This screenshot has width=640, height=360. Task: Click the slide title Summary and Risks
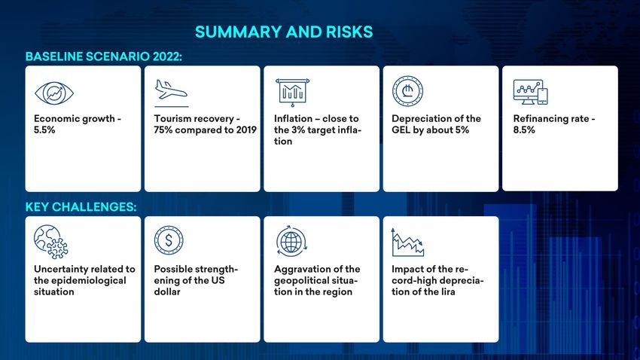coord(284,32)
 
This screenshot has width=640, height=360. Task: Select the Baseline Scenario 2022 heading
coord(104,56)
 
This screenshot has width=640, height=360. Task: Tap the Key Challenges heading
coord(81,207)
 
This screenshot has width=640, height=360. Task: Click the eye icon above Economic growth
coord(54,93)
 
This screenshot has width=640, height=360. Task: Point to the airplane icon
coord(171,90)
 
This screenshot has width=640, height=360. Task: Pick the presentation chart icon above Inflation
coord(293,92)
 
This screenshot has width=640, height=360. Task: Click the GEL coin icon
coord(407,91)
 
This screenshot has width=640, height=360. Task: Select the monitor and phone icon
coord(530,92)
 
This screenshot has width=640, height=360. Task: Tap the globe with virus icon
coord(51,242)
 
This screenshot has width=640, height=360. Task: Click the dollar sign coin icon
coord(169,240)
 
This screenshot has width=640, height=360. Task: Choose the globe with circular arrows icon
coord(291,241)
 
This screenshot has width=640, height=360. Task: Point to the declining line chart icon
coord(407,243)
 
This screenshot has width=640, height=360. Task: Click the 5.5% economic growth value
coord(44,130)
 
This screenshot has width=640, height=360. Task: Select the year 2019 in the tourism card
coord(246,130)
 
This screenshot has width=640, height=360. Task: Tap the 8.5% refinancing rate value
coord(524,130)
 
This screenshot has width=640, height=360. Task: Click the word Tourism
coord(173,119)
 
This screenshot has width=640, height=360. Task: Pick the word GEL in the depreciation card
coord(401,130)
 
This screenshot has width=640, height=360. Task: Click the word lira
coord(446,291)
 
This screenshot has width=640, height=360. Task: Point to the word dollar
coord(167,291)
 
